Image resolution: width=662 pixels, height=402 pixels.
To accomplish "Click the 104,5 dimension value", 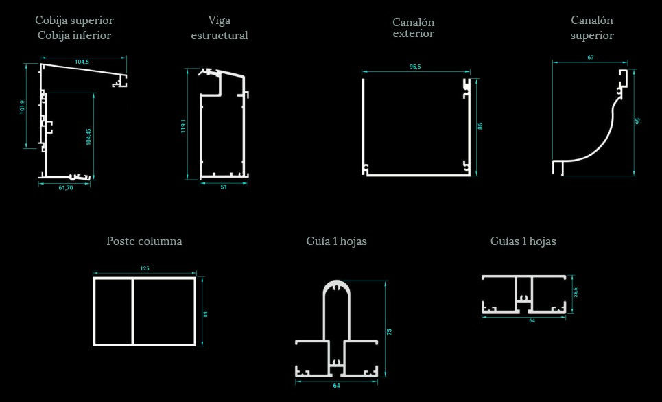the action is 82,62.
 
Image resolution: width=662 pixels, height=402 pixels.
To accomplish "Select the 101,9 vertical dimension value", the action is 23,107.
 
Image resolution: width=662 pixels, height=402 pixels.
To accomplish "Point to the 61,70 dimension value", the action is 65,187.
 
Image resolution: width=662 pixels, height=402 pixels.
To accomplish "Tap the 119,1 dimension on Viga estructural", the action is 184,126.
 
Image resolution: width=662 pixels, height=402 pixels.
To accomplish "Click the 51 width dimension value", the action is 224,187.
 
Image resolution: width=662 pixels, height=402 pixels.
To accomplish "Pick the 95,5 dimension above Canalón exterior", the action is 415,67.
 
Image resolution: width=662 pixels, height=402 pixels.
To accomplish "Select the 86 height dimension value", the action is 480,126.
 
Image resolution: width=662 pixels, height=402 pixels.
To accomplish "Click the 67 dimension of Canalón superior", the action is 591,58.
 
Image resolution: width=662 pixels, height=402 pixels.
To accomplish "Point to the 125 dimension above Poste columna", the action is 144,268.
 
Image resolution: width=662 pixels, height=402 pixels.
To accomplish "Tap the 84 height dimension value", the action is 206,315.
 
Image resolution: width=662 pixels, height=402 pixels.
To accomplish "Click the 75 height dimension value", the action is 390,332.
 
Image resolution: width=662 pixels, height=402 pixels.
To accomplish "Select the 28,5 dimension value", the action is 576,293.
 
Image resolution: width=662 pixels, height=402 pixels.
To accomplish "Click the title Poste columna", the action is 144,241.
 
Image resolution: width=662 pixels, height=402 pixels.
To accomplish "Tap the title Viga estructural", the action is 220,28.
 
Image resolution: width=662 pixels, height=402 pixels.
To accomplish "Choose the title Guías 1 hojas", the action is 523,241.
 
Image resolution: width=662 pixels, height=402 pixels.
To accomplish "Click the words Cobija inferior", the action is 74,36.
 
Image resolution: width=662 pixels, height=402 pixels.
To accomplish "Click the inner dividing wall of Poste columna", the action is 132,311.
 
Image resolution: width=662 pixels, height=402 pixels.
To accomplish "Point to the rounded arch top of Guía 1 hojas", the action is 337,283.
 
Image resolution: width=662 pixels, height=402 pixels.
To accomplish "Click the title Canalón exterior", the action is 414,28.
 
